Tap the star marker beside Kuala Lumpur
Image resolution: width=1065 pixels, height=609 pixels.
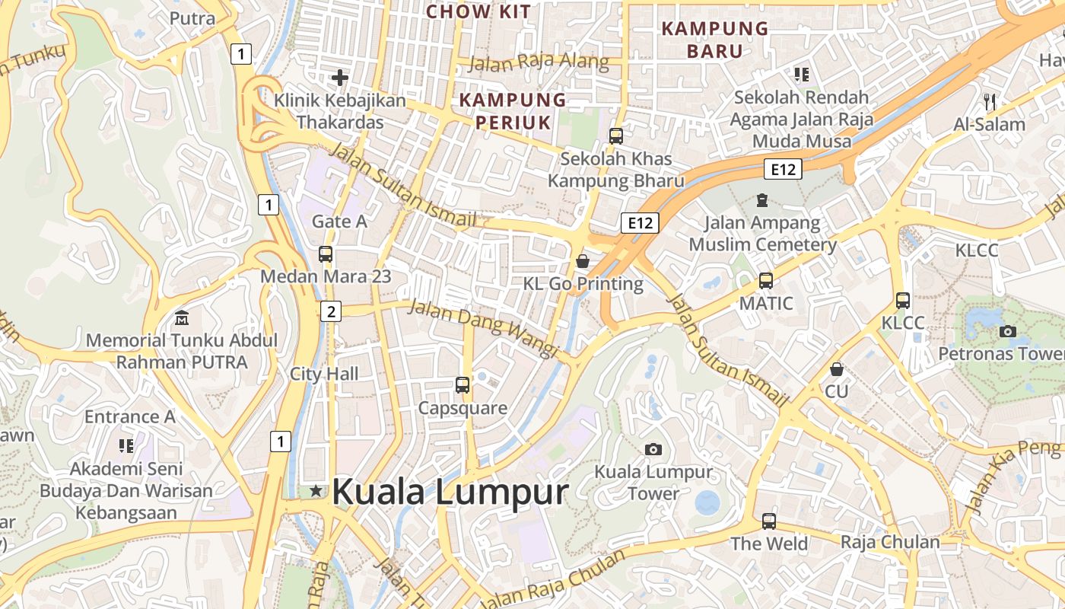tap(316, 492)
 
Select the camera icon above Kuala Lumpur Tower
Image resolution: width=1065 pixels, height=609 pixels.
tap(653, 449)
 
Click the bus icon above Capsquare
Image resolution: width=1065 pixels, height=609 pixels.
tap(463, 384)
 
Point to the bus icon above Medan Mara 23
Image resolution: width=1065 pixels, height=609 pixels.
tap(326, 253)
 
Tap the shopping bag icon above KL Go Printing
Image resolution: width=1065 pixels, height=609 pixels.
tap(583, 261)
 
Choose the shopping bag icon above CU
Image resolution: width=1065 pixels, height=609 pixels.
tap(837, 369)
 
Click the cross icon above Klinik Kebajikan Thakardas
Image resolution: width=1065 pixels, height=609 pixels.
tap(340, 77)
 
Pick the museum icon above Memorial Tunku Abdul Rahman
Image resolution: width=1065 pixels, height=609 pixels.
tap(182, 317)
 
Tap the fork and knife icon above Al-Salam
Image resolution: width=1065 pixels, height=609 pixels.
tap(990, 100)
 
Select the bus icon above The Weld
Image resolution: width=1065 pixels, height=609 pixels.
tap(769, 521)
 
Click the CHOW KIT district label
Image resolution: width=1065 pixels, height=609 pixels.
tap(478, 11)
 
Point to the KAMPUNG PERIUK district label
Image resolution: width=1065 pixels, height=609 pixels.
tap(513, 110)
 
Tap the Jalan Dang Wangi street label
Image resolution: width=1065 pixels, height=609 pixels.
tap(483, 327)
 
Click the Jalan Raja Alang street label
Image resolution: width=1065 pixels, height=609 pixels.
tap(539, 62)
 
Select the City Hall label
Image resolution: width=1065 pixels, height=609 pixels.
tap(324, 374)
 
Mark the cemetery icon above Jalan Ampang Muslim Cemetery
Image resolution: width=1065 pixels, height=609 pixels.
tap(761, 200)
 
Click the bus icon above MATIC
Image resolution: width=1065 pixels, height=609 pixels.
tap(766, 280)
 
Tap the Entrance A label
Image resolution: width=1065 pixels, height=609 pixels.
tap(129, 416)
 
